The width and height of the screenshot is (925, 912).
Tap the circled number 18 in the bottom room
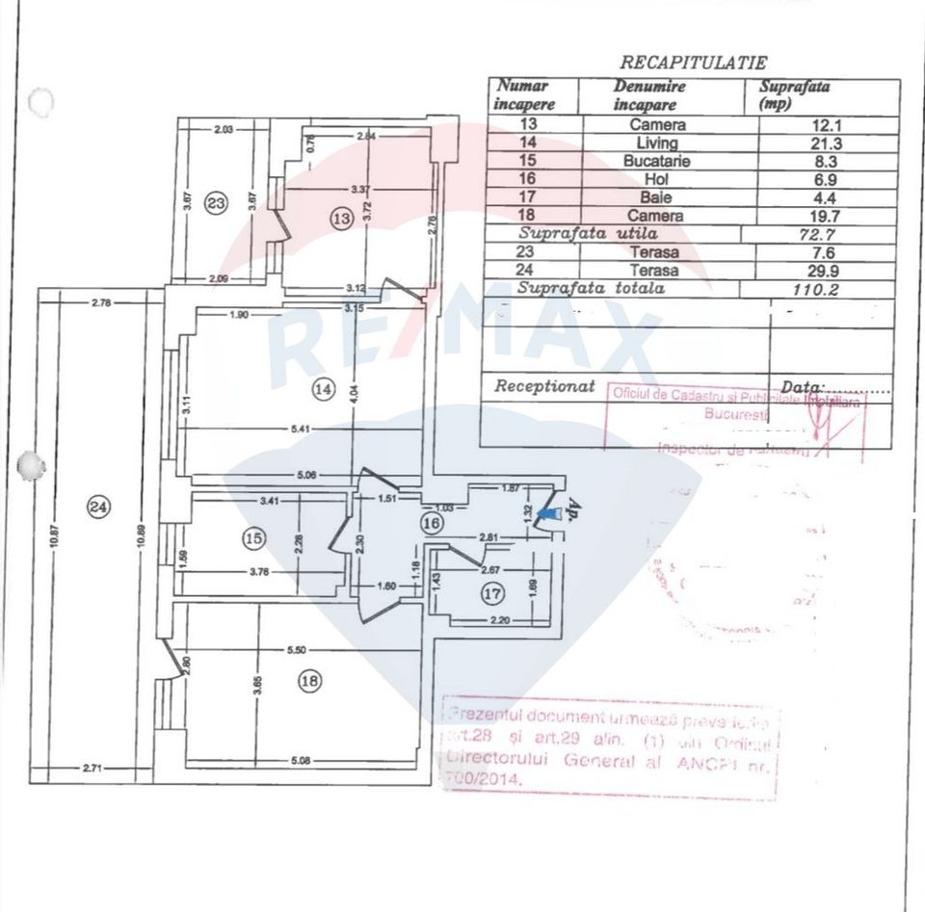pyautogui.click(x=309, y=682)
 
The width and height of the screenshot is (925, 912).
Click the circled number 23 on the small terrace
pyautogui.click(x=216, y=203)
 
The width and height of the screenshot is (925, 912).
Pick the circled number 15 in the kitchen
pyautogui.click(x=253, y=539)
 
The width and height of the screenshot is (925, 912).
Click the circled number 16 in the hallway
pyautogui.click(x=431, y=522)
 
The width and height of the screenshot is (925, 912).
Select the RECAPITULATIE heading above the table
pyautogui.click(x=693, y=63)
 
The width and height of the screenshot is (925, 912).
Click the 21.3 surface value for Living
pyautogui.click(x=821, y=143)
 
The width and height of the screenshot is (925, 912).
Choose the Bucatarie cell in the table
pyautogui.click(x=656, y=161)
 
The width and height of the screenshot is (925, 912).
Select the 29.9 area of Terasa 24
pyautogui.click(x=821, y=271)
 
